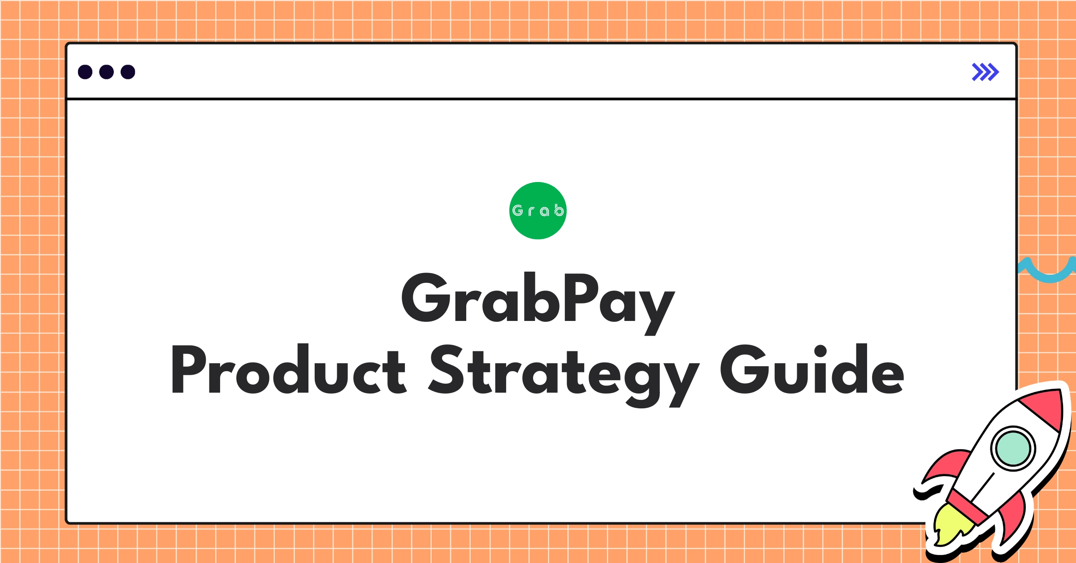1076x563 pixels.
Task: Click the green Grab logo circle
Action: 538,211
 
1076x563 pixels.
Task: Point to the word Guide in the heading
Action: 812,369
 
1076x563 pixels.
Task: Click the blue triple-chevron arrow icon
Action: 985,72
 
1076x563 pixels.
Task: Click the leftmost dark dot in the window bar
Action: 85,72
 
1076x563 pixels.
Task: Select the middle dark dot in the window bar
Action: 106,72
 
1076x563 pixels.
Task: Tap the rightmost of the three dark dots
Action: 128,72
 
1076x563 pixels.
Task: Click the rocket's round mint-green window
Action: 1013,448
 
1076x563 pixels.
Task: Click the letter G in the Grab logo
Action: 518,210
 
